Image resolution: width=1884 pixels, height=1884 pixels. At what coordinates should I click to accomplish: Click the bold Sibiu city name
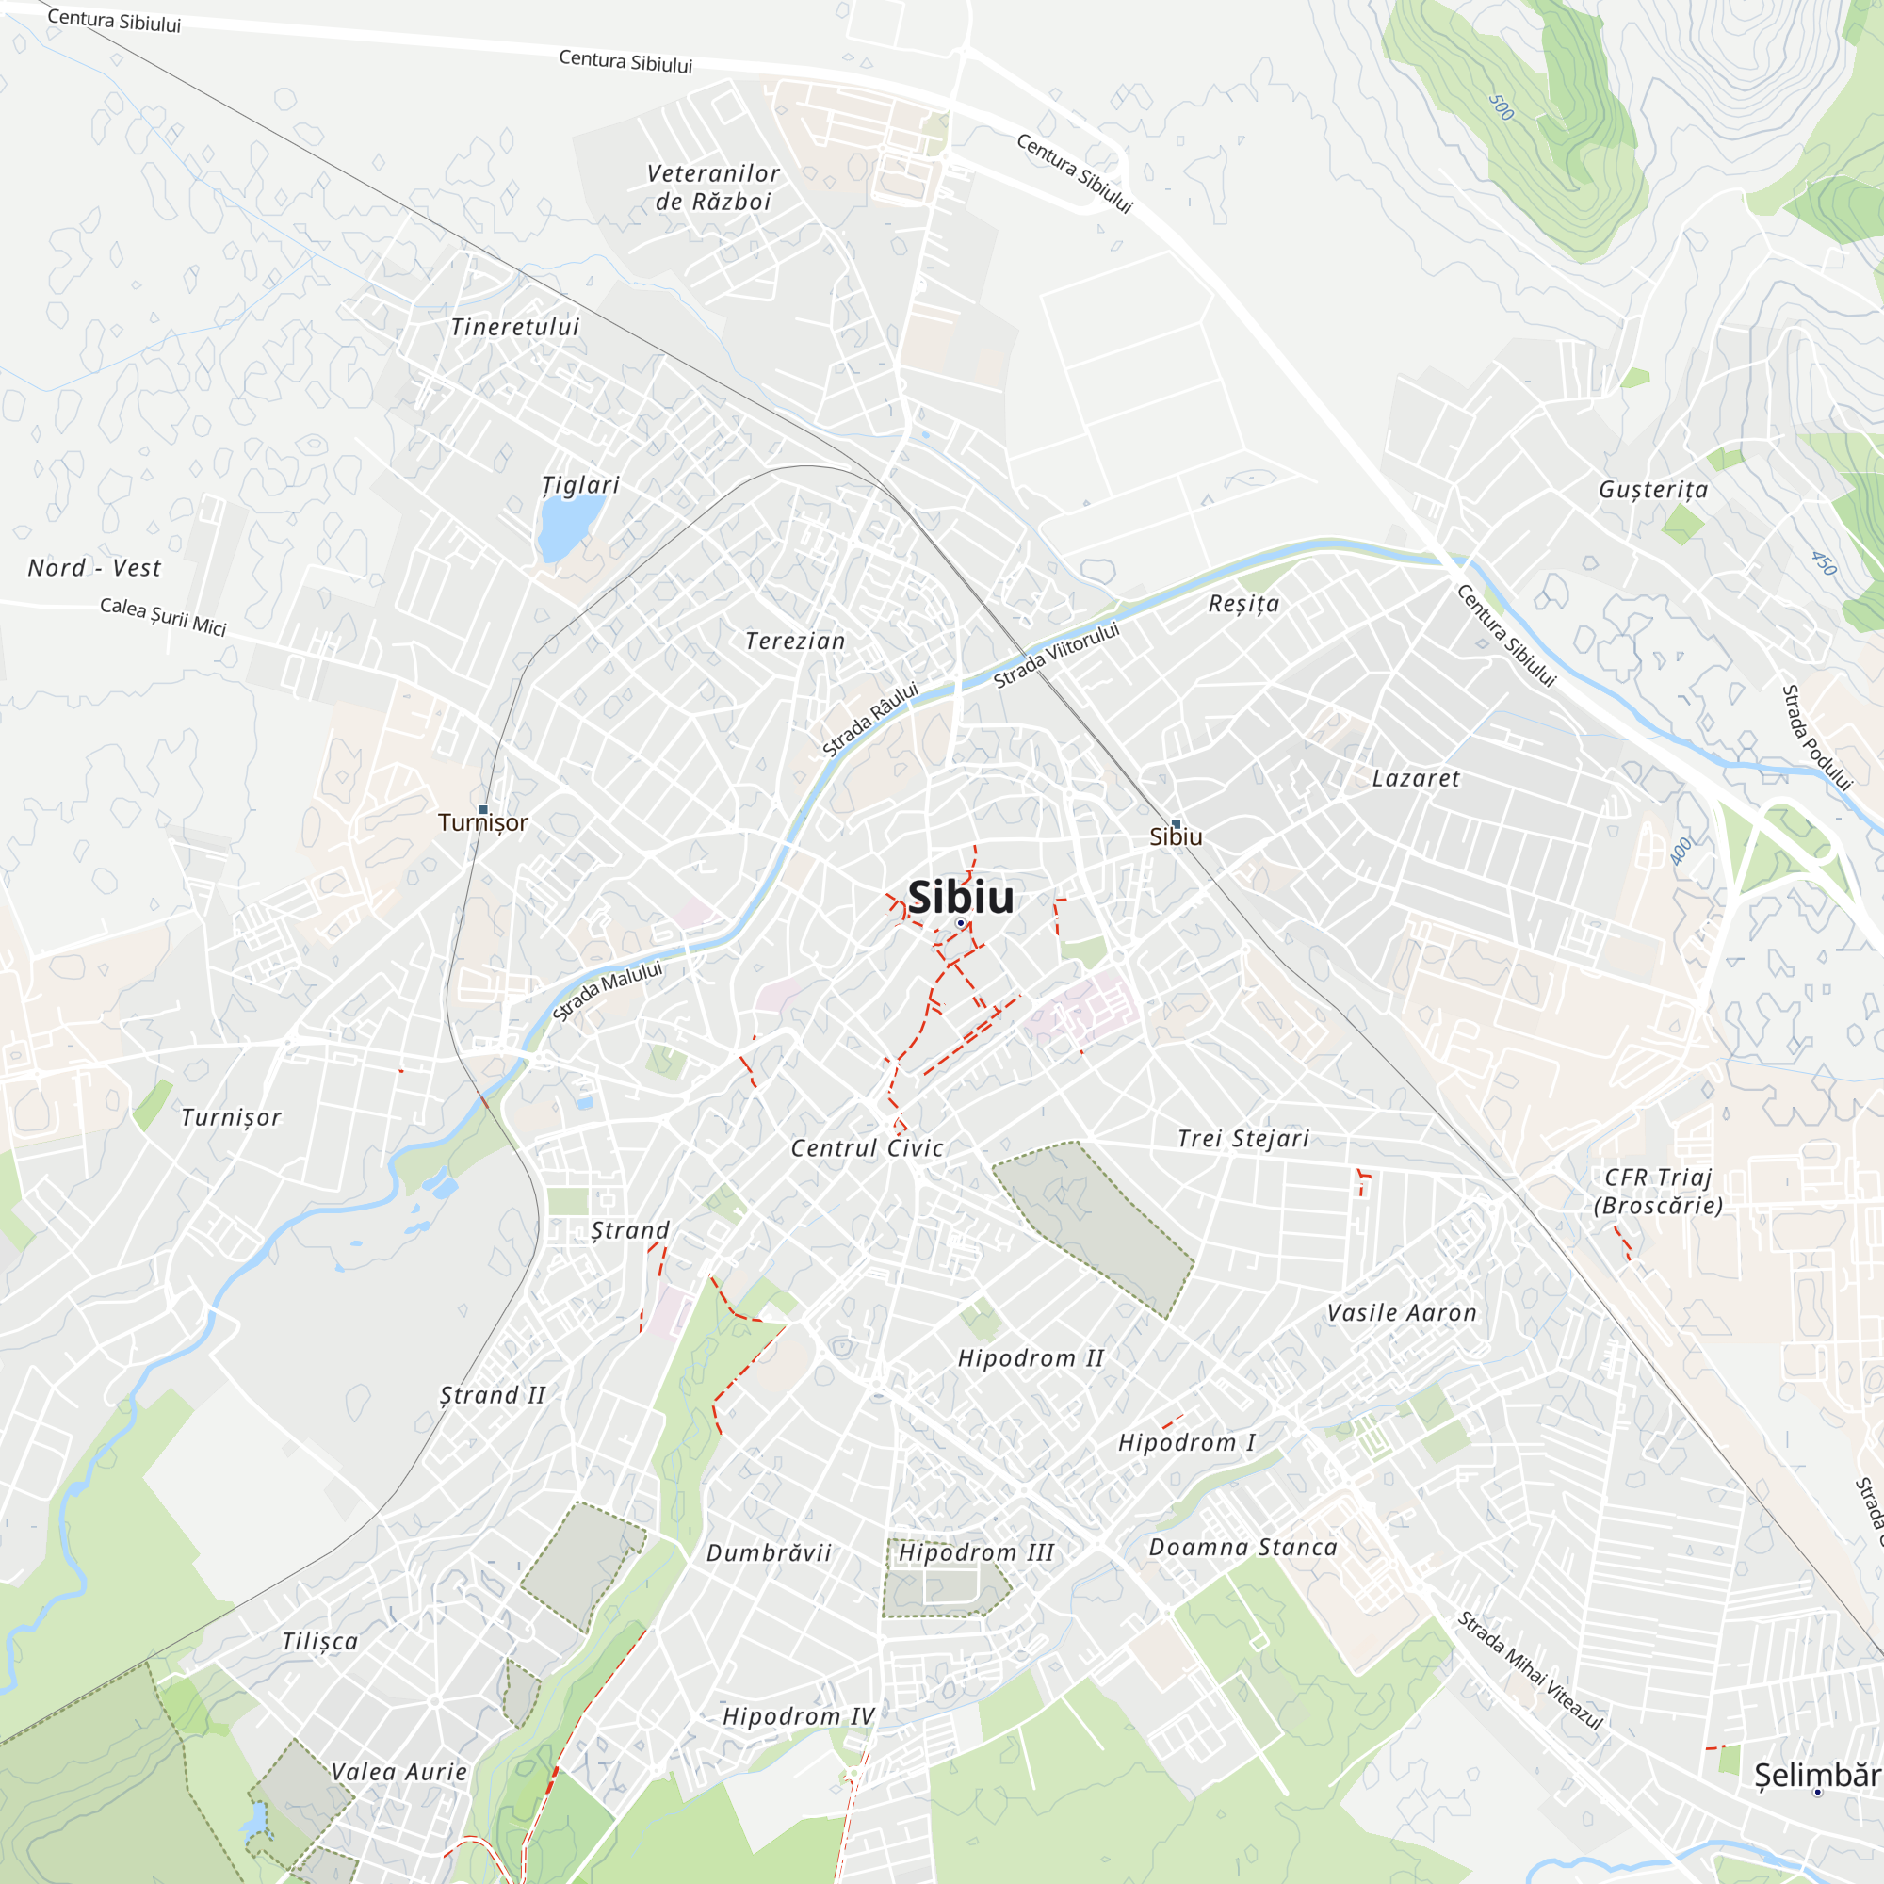(960, 897)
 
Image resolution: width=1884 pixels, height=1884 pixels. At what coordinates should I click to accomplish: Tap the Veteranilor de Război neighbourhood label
(713, 187)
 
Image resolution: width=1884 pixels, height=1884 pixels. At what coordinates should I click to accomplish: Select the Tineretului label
(515, 327)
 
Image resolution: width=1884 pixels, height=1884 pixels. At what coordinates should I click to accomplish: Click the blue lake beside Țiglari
(569, 528)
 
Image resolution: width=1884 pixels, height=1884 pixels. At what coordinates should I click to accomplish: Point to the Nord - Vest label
(93, 567)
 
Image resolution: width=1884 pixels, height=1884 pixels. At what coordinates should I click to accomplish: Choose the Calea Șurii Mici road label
(163, 616)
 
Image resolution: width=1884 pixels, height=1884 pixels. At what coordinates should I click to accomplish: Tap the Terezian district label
(795, 641)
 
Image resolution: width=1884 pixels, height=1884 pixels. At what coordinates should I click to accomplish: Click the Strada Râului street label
(869, 720)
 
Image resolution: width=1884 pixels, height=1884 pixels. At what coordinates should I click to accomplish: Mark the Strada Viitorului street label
(1056, 656)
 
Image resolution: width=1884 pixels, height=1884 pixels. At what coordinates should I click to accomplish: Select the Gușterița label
(1653, 490)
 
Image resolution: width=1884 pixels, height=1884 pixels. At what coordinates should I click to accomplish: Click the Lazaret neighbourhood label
(1415, 778)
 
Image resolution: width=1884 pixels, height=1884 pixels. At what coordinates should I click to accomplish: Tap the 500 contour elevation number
(1502, 107)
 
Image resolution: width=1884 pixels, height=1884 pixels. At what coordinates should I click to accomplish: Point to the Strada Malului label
(607, 990)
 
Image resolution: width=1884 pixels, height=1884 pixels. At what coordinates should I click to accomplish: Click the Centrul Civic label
(867, 1147)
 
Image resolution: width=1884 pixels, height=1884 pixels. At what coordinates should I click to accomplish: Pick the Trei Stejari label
(1242, 1138)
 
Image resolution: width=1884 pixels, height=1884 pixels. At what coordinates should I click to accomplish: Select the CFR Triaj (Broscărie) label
(1658, 1191)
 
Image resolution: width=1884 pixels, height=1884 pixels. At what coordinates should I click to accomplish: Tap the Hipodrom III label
(975, 1552)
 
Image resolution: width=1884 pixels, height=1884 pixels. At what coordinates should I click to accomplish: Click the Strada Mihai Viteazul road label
(1530, 1670)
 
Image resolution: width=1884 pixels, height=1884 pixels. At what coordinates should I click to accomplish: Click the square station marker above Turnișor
(482, 810)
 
